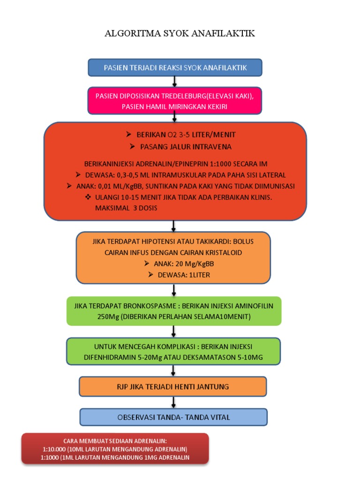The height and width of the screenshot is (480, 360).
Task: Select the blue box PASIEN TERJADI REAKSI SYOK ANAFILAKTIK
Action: pos(175,67)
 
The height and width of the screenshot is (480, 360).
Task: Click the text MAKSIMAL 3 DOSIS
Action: pos(126,208)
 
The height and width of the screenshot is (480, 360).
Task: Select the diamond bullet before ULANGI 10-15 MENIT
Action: pos(87,197)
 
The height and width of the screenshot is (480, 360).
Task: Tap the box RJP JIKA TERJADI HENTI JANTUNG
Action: pos(173,386)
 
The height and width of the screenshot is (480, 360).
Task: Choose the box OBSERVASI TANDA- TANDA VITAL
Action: pos(173,417)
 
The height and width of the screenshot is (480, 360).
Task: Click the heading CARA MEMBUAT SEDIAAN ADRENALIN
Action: pos(115,441)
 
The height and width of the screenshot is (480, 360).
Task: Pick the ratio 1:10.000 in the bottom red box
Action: pos(56,449)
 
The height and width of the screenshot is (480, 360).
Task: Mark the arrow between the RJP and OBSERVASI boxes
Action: pos(174,402)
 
